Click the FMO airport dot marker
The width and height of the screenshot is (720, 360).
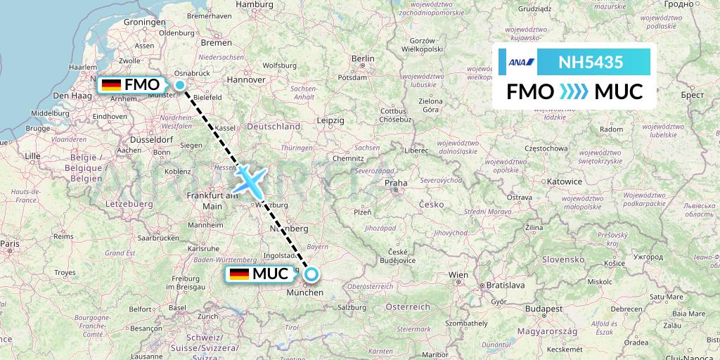[180, 86]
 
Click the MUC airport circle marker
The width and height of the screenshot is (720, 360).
[311, 275]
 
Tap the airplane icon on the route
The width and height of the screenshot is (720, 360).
[250, 181]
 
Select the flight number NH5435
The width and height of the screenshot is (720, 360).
[590, 62]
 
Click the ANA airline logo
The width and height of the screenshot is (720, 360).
[521, 63]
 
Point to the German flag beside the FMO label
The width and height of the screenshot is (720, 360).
[111, 85]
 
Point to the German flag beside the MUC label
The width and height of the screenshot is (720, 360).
[240, 274]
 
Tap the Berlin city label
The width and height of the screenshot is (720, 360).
[362, 58]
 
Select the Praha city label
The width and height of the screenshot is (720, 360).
[396, 184]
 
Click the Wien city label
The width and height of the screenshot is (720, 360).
[458, 274]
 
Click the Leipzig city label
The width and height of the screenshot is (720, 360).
[330, 121]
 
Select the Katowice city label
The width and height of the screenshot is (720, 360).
[565, 181]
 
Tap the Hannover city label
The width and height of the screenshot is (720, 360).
[246, 80]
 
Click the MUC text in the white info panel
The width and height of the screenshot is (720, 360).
[619, 91]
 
